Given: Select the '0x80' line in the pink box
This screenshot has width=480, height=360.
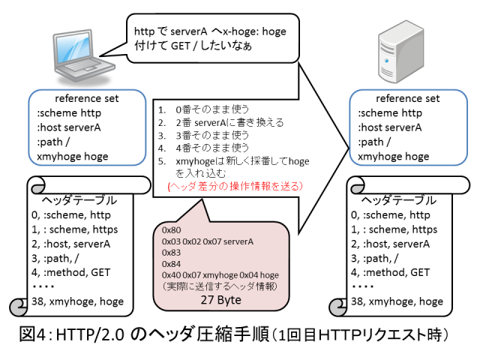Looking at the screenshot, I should pos(173,229).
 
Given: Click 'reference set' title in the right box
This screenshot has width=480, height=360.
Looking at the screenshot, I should pos(407,99).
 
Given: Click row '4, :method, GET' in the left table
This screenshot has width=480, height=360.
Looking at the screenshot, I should pos(72,271).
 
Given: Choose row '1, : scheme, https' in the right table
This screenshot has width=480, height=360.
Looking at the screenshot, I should pos(394,229).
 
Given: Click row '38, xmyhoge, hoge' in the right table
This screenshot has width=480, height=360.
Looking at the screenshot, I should pos(397,301).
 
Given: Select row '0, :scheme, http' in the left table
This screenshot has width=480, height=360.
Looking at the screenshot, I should pos(71,214).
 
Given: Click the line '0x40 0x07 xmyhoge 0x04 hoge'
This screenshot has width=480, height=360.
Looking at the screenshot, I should pos(220,275).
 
